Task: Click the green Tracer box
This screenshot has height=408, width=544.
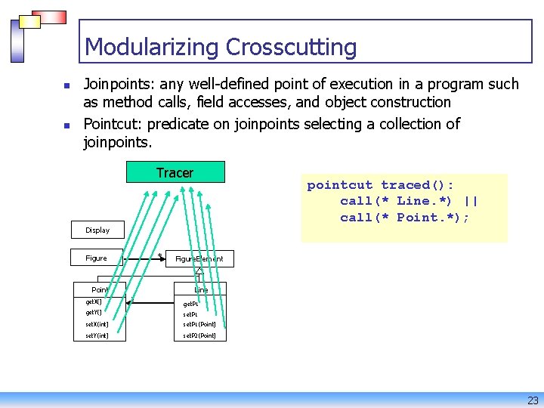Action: point(175,172)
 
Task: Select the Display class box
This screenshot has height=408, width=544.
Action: point(97,230)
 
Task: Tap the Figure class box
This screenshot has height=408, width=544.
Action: point(96,258)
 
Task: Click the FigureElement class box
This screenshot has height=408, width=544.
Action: point(199,258)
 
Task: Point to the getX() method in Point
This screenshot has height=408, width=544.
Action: point(93,301)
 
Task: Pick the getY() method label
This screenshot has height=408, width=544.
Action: point(93,312)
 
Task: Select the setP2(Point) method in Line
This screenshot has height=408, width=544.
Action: point(199,335)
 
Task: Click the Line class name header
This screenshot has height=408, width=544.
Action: point(201,289)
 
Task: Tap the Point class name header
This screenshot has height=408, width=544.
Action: point(99,289)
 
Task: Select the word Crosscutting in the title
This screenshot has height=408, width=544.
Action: point(291,47)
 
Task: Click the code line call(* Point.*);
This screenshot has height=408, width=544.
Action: point(404,218)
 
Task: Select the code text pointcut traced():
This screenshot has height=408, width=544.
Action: point(380,185)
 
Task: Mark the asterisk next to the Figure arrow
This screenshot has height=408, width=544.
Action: point(159,255)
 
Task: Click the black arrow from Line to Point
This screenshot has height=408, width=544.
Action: point(151,302)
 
